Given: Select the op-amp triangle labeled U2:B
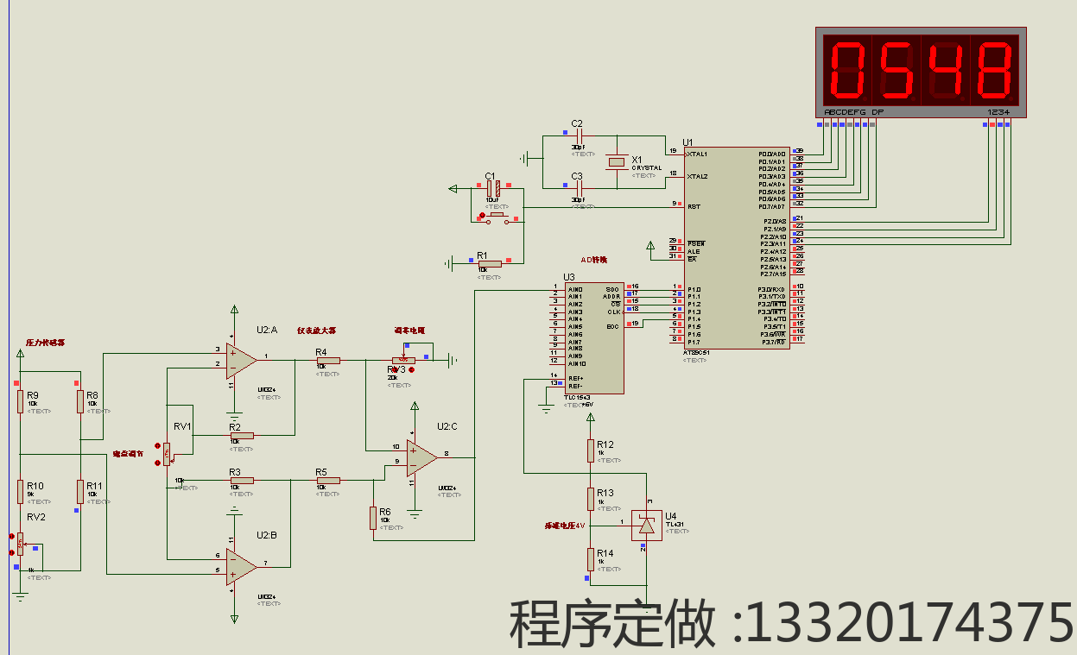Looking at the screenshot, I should (x=241, y=566).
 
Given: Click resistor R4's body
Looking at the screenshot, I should (x=327, y=361).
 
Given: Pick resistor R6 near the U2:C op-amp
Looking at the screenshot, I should (x=373, y=517).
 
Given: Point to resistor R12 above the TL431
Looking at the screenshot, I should (x=591, y=450).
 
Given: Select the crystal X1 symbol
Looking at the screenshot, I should (x=616, y=161).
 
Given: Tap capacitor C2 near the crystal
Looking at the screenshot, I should (x=578, y=136).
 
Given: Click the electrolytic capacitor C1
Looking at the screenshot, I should (x=492, y=187).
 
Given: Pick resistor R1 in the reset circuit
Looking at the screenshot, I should (x=489, y=264).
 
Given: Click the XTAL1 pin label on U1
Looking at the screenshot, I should (x=697, y=154).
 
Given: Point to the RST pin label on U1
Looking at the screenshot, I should (x=694, y=206).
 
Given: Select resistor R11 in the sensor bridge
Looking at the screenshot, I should (x=79, y=491).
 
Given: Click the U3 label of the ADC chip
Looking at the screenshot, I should (x=569, y=277).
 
